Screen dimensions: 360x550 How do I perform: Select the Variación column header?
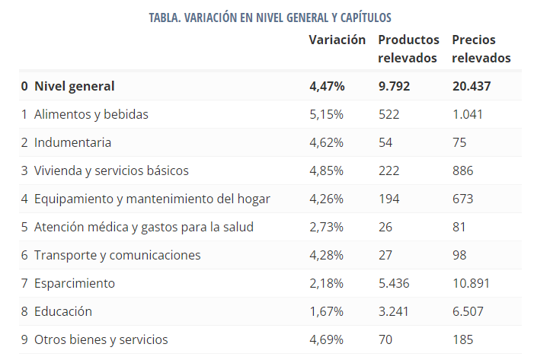(337, 40)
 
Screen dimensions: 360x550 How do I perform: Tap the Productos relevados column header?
(408, 48)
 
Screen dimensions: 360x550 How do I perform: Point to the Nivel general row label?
(74, 86)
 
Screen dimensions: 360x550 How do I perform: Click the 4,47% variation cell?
(327, 86)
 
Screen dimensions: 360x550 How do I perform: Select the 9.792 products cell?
(394, 86)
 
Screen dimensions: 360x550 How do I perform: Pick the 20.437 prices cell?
(471, 86)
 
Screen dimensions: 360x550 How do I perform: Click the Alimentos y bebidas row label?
(91, 114)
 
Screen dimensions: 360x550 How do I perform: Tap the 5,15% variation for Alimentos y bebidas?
(326, 114)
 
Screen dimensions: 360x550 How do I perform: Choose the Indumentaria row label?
(72, 142)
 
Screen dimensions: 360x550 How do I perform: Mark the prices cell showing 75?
(459, 142)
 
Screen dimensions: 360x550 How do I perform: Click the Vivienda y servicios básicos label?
(111, 170)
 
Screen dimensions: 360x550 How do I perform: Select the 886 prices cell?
(462, 170)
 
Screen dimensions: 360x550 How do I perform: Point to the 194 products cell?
(389, 199)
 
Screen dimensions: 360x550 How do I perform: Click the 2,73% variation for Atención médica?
(326, 227)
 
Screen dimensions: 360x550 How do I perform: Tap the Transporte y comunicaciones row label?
(117, 255)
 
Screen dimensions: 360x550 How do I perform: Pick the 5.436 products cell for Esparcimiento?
(393, 283)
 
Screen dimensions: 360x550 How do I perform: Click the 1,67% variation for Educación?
(326, 311)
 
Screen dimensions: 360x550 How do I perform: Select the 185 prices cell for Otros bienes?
(462, 339)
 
